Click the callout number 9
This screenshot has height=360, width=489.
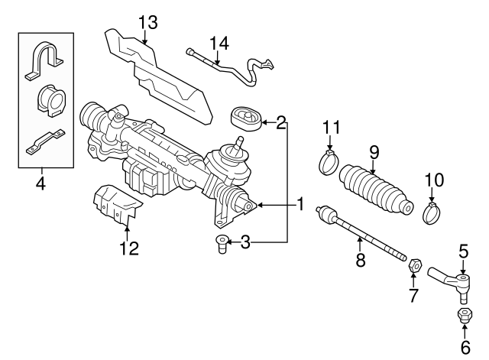click(x=374, y=153)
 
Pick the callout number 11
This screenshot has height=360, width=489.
click(x=329, y=127)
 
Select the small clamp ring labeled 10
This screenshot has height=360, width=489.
click(x=431, y=211)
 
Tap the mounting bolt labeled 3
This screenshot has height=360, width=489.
click(x=222, y=246)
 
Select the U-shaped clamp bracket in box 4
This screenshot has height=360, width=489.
click(x=44, y=60)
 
